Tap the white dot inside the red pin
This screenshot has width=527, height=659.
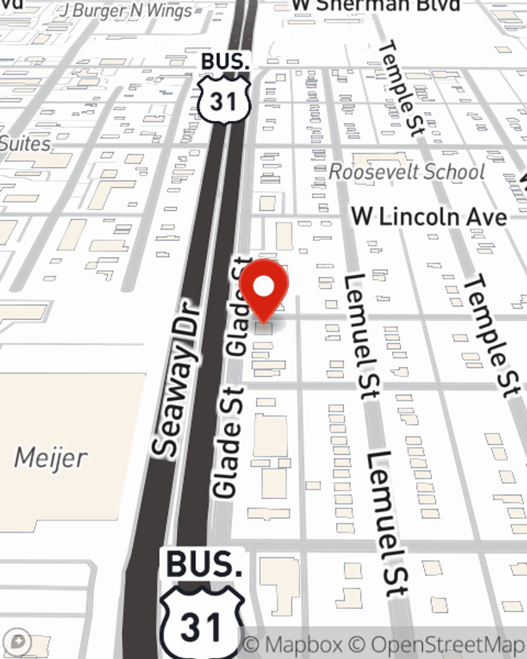click(263, 287)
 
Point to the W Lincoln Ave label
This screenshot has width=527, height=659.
click(429, 217)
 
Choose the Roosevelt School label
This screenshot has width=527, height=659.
click(407, 172)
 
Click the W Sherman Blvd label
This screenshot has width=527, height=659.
click(376, 5)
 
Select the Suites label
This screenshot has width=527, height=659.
click(25, 144)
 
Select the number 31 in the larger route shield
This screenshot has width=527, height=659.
click(201, 627)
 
